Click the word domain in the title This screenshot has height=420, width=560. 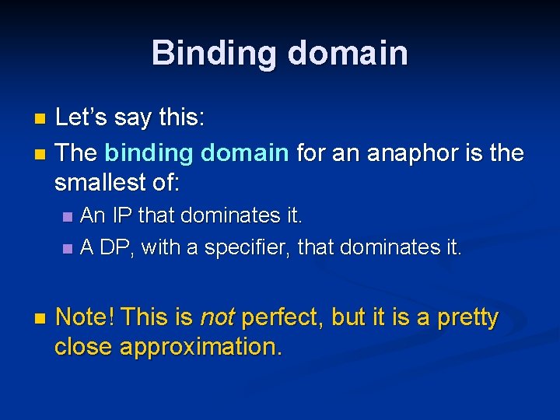click(x=348, y=53)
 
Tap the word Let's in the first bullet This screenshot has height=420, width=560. click(x=83, y=118)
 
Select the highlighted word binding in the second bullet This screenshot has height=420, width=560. click(x=140, y=152)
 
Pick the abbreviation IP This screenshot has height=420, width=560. click(x=124, y=214)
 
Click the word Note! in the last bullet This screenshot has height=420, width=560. click(x=86, y=317)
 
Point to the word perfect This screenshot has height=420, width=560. click(x=279, y=317)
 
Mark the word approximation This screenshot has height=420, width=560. click(x=201, y=347)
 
